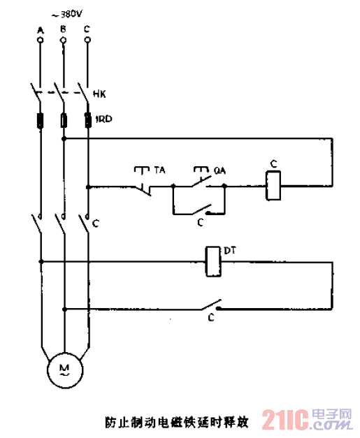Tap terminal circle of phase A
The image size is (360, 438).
[40, 41]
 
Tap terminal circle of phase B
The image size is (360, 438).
[64, 41]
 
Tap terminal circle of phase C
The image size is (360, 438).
[87, 41]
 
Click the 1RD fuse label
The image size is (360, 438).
[103, 119]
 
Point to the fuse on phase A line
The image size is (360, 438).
[40, 120]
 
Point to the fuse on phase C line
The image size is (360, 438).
[87, 120]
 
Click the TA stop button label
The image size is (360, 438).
[160, 170]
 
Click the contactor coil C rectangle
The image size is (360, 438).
[274, 187]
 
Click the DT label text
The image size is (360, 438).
[230, 249]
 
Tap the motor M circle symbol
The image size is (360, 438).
[64, 368]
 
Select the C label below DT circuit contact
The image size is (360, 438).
[210, 319]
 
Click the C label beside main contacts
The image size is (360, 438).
[96, 224]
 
